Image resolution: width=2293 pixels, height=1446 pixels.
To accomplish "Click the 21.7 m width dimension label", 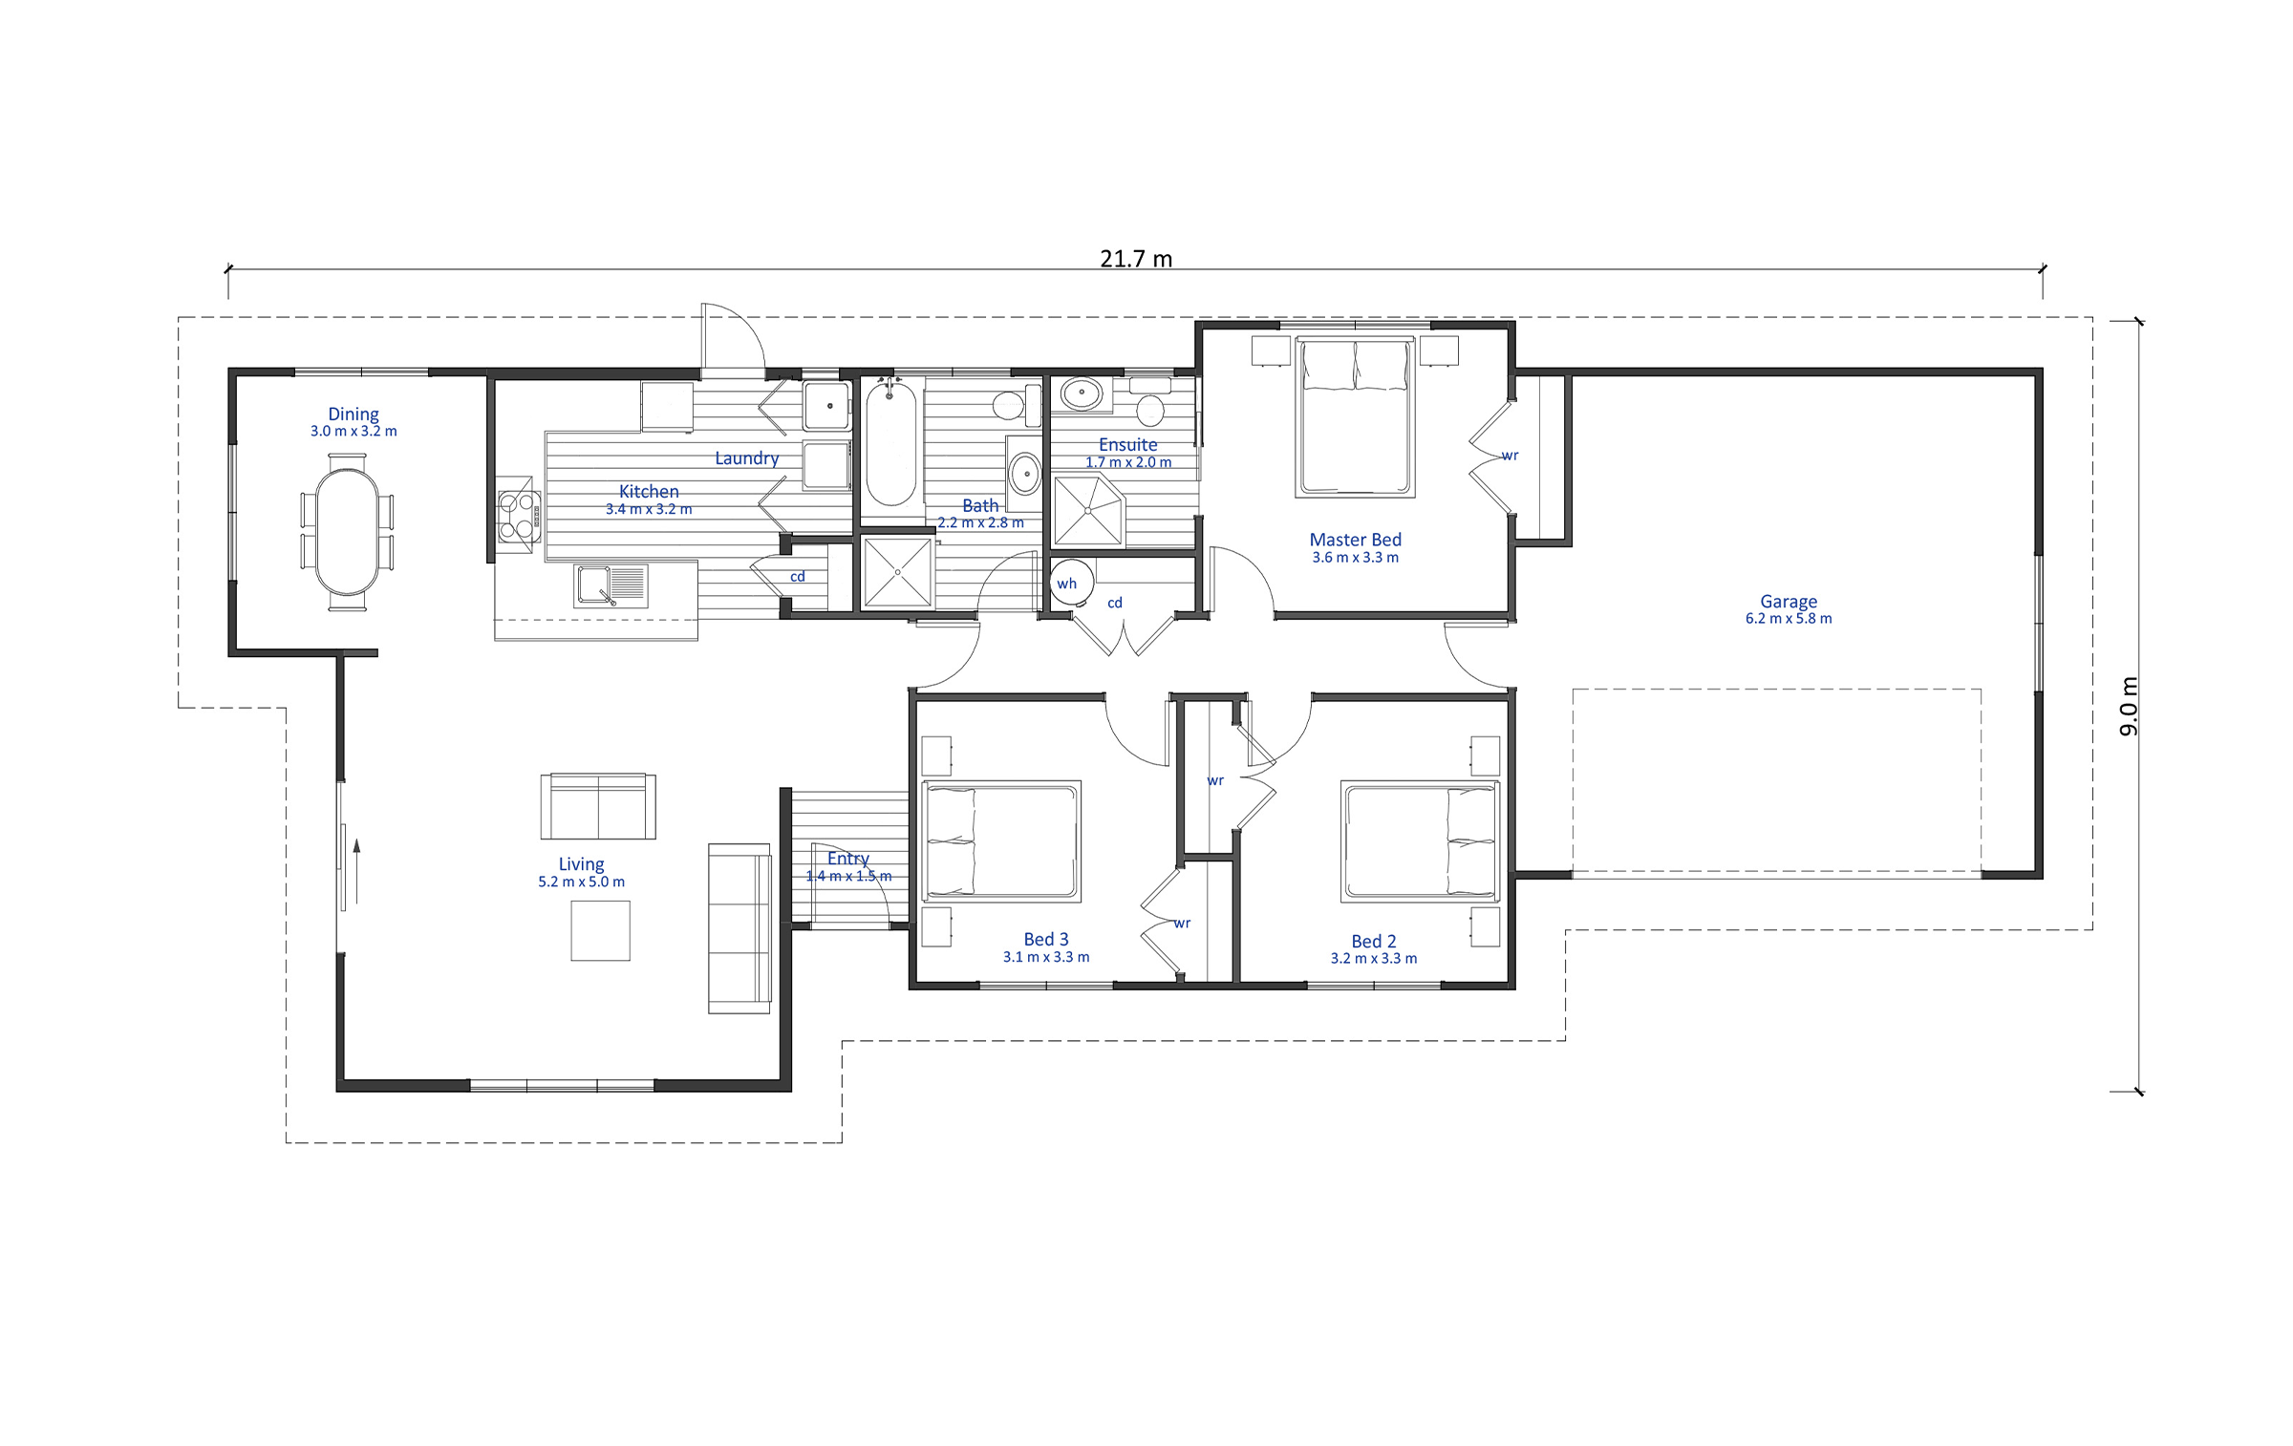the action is pyautogui.click(x=1136, y=259).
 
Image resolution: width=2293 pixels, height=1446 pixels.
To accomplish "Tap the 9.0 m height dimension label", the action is pyautogui.click(x=2129, y=706).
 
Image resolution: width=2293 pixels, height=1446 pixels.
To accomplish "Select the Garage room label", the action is pyautogui.click(x=1789, y=602).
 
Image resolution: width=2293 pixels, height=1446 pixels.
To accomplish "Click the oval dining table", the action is pyautogui.click(x=347, y=532).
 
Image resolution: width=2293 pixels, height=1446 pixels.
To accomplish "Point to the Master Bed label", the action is pyautogui.click(x=1355, y=540).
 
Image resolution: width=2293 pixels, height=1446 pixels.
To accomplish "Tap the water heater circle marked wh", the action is pyautogui.click(x=1072, y=583).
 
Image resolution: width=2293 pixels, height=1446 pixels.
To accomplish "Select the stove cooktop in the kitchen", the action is pyautogui.click(x=519, y=516).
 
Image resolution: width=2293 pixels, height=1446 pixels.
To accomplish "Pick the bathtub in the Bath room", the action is pyautogui.click(x=890, y=443).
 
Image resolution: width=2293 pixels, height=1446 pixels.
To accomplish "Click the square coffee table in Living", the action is pyautogui.click(x=600, y=930).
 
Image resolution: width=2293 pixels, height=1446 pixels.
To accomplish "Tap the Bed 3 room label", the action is pyautogui.click(x=1046, y=939).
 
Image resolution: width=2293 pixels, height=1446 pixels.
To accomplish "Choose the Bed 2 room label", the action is pyautogui.click(x=1374, y=941).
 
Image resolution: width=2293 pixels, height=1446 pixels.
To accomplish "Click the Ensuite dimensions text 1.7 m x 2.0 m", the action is pyautogui.click(x=1128, y=462).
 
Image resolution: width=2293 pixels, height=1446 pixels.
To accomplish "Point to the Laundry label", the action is pyautogui.click(x=747, y=458).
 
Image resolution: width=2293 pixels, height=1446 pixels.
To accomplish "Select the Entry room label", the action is pyautogui.click(x=848, y=859).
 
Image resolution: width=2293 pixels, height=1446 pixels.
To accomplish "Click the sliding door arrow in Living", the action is pyautogui.click(x=356, y=871).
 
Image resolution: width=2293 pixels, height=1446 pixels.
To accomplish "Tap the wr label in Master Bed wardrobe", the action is pyautogui.click(x=1510, y=456).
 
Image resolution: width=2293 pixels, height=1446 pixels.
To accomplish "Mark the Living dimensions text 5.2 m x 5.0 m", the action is pyautogui.click(x=581, y=882).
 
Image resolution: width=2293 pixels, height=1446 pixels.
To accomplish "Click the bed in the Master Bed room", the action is pyautogui.click(x=1355, y=418).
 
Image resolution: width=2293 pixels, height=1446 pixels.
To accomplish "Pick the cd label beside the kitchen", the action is pyautogui.click(x=798, y=577).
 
